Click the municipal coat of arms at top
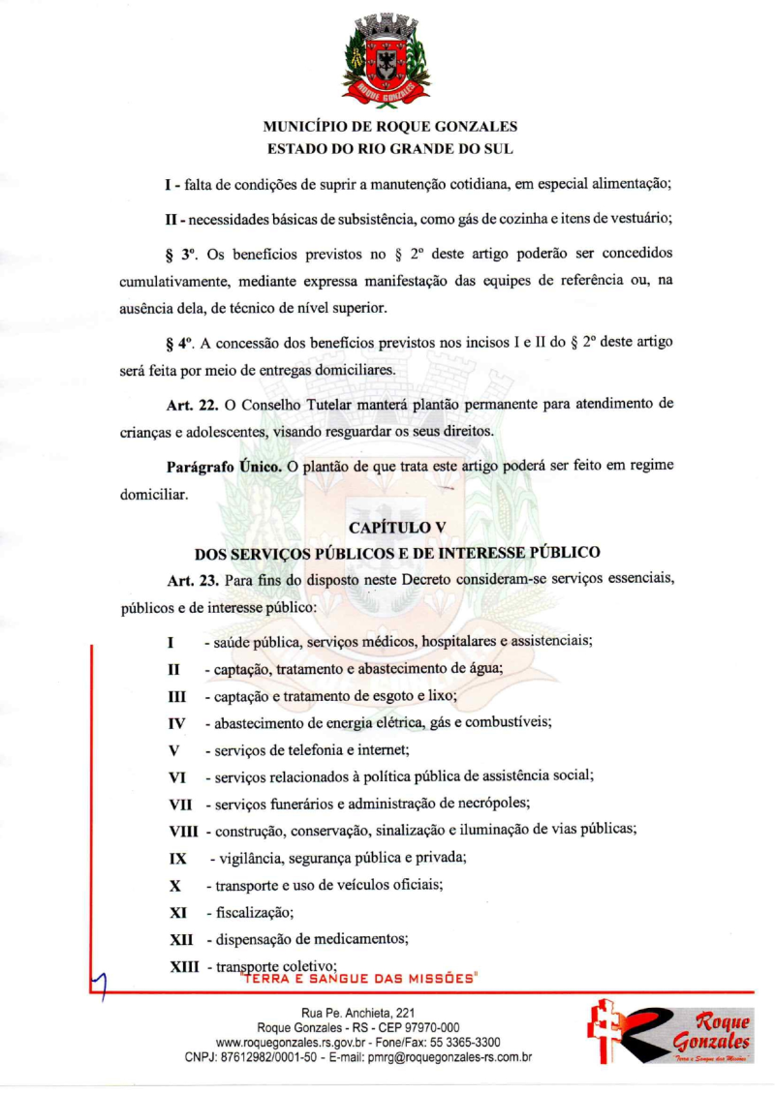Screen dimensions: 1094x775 (x=387, y=60)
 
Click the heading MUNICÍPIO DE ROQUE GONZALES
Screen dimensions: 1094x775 (x=389, y=127)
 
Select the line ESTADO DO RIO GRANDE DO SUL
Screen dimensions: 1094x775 (x=389, y=149)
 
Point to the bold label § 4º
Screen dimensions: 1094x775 (x=181, y=344)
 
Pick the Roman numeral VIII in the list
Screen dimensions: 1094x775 (x=183, y=831)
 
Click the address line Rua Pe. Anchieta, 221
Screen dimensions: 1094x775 (x=358, y=1013)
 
